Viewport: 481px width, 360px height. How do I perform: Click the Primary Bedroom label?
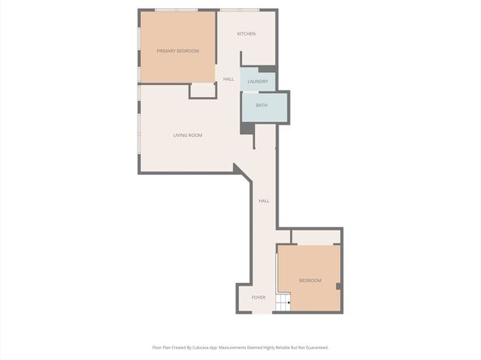point(177,51)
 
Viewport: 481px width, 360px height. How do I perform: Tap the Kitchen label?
point(246,34)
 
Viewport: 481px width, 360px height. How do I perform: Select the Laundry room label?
point(258,82)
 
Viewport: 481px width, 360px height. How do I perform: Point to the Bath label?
point(262,105)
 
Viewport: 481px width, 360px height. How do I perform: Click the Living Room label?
point(187,135)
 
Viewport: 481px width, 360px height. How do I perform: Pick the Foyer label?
point(258,298)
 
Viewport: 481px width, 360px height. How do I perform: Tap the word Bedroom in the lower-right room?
point(310,281)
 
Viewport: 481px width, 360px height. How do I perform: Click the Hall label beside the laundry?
point(228,79)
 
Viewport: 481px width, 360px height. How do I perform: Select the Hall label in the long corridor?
point(264,201)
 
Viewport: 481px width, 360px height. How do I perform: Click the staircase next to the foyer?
point(283,303)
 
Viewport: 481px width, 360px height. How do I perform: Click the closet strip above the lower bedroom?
point(316,237)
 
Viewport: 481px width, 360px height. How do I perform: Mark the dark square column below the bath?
point(247,128)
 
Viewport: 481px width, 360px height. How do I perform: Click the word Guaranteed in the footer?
point(313,347)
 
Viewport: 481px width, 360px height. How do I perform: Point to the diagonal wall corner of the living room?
point(240,169)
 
